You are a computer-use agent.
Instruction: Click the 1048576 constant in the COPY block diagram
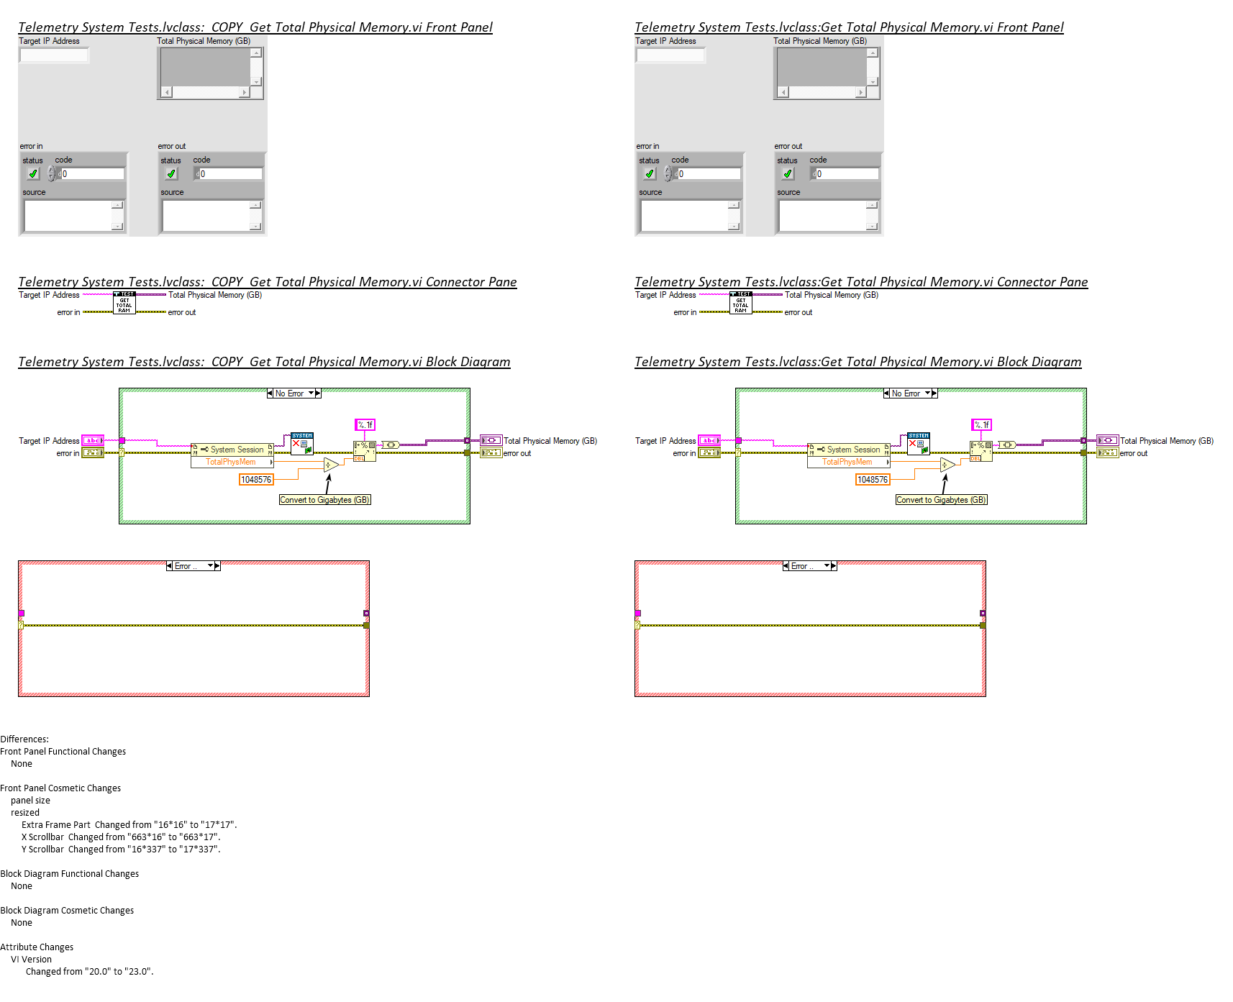pos(256,480)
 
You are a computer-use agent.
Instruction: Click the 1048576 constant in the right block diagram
pos(873,480)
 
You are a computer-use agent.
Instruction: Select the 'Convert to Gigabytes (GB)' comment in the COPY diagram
pos(324,500)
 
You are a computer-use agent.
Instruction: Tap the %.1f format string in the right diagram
pos(981,425)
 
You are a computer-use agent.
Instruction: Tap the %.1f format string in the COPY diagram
pos(365,425)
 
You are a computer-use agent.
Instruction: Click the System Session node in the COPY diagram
pos(232,450)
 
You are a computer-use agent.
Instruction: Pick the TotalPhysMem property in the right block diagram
pos(847,462)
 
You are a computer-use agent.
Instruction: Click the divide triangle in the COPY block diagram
pos(331,465)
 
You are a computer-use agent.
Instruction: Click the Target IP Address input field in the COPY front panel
pos(54,55)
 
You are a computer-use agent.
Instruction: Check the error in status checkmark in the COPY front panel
pos(33,174)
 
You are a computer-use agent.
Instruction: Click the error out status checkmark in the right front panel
pos(788,174)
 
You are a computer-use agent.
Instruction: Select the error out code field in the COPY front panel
pos(230,174)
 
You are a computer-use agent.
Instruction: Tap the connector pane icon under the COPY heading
pos(124,303)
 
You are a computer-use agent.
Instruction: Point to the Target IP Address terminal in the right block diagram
pos(709,440)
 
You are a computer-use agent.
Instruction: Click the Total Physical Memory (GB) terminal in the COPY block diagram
pos(491,440)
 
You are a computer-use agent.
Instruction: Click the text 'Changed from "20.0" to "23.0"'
pos(89,972)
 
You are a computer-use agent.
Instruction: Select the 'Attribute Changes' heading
pos(37,947)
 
